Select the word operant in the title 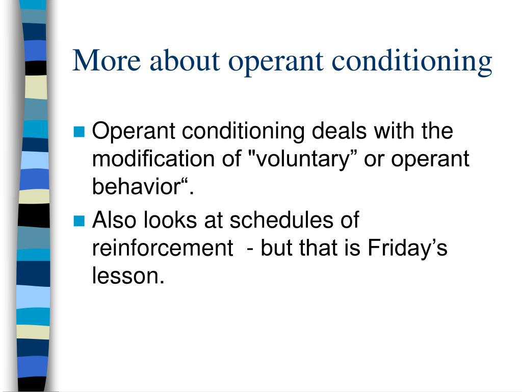coord(276,63)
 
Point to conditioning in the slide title coord(412,62)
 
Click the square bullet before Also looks coord(79,220)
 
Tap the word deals coord(339,131)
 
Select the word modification coord(153,159)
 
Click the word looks coord(170,220)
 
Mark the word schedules coord(281,220)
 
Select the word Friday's coord(407,249)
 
